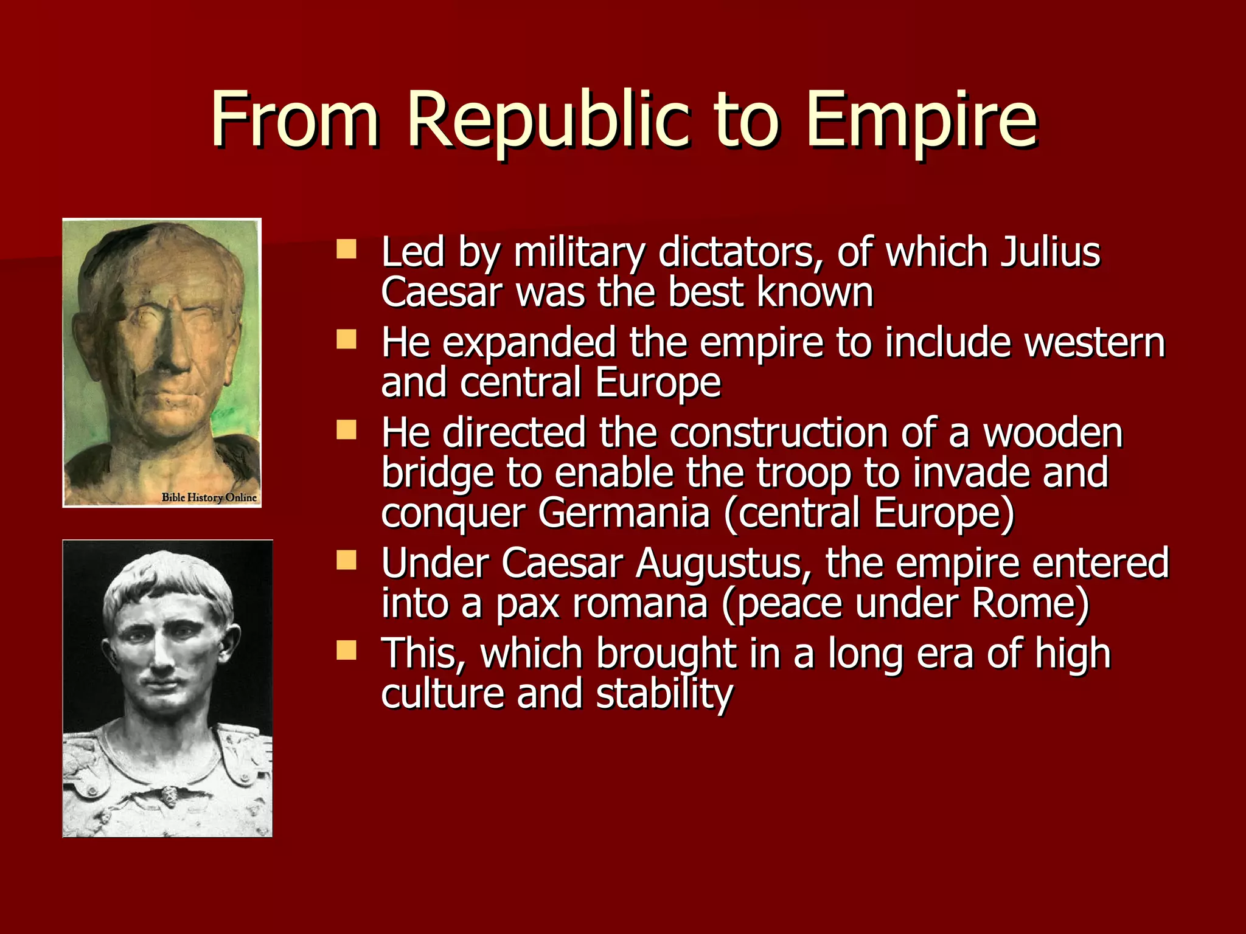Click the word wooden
tap(1053, 433)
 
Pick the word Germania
tap(624, 513)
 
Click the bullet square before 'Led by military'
tap(347, 249)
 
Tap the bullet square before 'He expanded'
tap(347, 339)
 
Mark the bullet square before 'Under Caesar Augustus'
tap(347, 560)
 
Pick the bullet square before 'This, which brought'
tap(347, 650)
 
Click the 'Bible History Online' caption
tap(209, 497)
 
